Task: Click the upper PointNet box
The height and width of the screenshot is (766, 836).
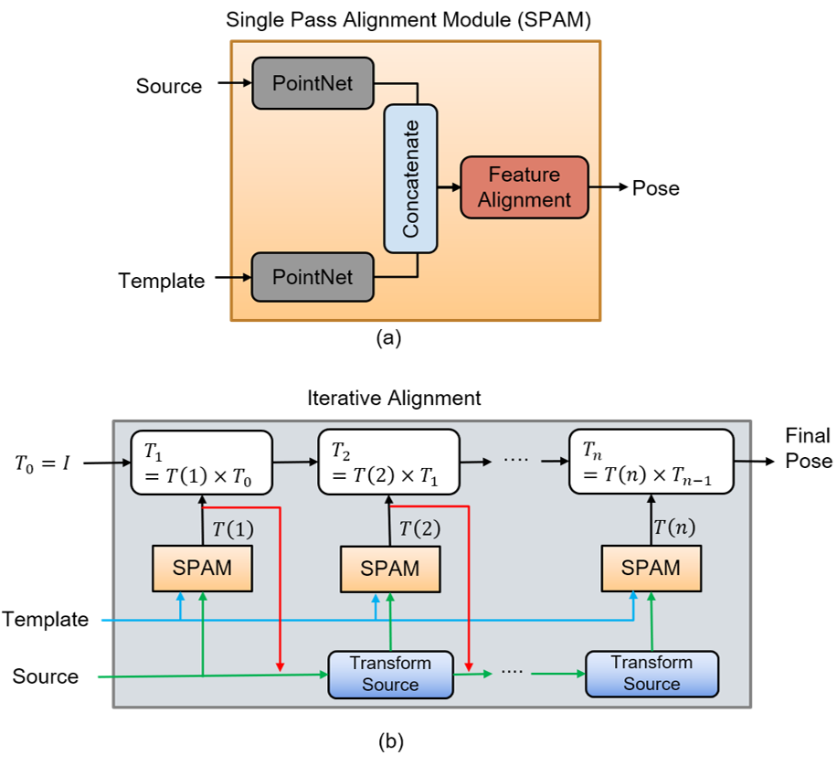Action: [x=312, y=83]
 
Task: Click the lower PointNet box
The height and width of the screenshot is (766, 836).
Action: [x=312, y=276]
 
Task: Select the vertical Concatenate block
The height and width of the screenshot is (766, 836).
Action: [x=410, y=179]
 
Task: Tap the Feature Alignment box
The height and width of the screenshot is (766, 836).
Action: [x=524, y=186]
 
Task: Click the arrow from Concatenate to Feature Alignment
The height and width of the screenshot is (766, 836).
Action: [x=449, y=186]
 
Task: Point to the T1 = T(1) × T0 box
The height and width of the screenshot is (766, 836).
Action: [x=202, y=462]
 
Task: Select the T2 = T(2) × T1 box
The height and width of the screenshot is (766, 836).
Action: [x=388, y=462]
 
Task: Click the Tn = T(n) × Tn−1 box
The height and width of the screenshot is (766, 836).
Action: [x=651, y=462]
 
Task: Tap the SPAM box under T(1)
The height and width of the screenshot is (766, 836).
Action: [x=202, y=568]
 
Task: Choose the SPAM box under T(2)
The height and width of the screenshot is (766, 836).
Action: [x=390, y=569]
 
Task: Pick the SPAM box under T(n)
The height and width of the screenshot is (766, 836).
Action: [x=651, y=568]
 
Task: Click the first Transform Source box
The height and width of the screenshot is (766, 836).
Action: [x=390, y=674]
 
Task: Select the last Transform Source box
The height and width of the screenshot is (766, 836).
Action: [x=651, y=673]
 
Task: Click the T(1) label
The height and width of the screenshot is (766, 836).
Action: [x=233, y=529]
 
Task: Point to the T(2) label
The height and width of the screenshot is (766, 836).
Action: [x=419, y=529]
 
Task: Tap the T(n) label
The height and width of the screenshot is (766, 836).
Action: [x=674, y=528]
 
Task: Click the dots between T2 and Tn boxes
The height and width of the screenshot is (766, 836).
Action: [x=516, y=460]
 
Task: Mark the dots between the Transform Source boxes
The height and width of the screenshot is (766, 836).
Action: [x=513, y=672]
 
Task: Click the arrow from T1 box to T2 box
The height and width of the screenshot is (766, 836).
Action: [x=295, y=462]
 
